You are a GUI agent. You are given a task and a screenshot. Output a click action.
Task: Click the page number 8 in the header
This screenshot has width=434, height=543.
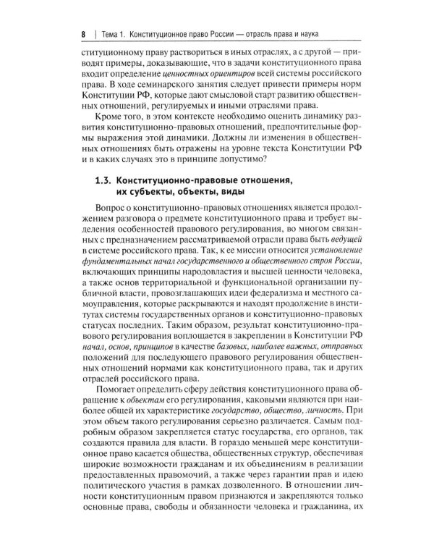(84, 35)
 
